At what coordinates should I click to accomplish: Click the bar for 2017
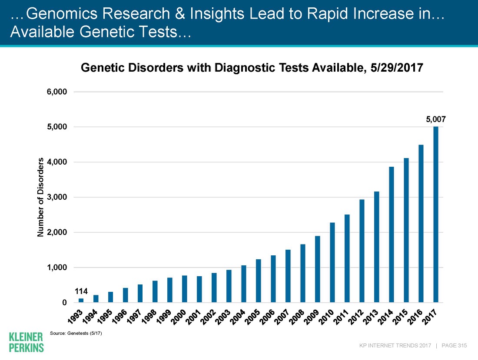click(436, 215)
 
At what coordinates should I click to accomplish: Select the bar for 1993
click(81, 300)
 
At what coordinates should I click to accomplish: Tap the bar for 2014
click(392, 234)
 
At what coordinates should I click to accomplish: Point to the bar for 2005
click(259, 281)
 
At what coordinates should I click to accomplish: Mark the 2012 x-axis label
click(359, 316)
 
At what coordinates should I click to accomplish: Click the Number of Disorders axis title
click(41, 198)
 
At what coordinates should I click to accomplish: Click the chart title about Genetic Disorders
click(252, 68)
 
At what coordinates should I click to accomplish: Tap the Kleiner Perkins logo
click(26, 342)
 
